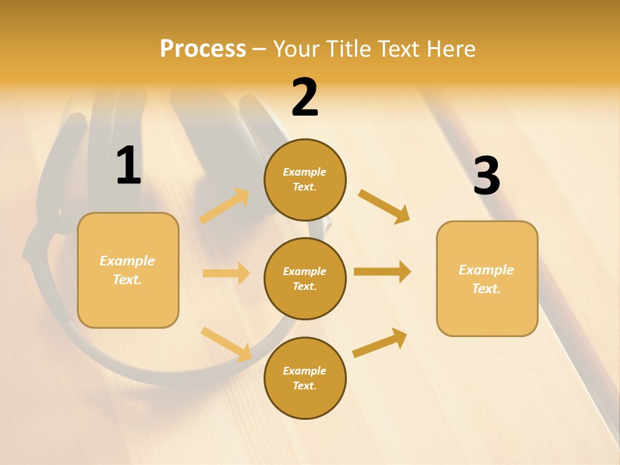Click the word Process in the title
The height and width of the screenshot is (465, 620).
[x=203, y=48]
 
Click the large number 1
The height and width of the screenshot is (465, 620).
[x=129, y=166]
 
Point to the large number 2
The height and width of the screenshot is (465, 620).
[x=305, y=98]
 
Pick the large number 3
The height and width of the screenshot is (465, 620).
[x=486, y=176]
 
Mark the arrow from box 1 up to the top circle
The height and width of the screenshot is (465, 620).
[x=225, y=205]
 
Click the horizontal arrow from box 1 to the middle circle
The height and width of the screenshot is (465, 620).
[x=226, y=273]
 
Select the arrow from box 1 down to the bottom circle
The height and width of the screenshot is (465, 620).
[x=226, y=344]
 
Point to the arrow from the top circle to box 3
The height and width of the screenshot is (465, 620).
[x=384, y=206]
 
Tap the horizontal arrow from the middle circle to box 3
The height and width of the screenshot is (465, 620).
[x=382, y=272]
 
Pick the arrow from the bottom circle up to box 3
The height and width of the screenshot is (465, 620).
[x=380, y=342]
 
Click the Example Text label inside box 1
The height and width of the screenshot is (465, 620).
[x=127, y=270]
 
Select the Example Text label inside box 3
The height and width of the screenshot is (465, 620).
[x=486, y=279]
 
